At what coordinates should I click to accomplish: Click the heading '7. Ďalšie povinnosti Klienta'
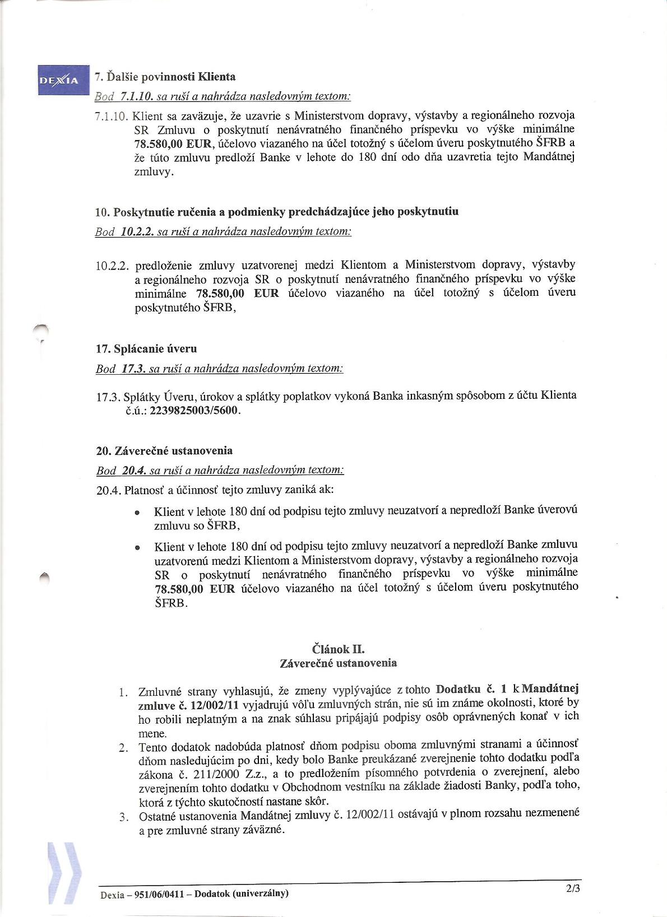tap(165, 77)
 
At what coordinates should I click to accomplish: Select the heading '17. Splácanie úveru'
tap(146, 349)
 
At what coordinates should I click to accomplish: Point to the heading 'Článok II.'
tap(338, 649)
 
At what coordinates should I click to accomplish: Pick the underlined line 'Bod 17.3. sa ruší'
tap(219, 369)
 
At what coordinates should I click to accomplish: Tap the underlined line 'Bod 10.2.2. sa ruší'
tap(223, 231)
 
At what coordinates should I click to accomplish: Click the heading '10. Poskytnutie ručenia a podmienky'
tap(277, 212)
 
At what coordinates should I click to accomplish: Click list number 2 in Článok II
tap(124, 748)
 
